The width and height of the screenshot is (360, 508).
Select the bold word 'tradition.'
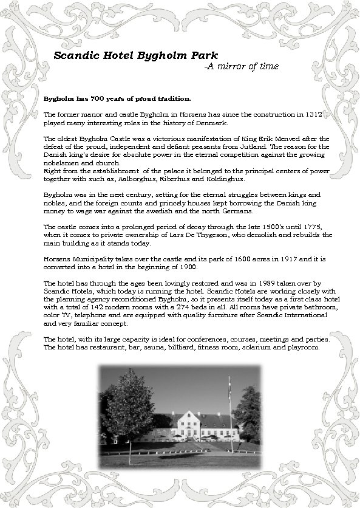click(x=171, y=98)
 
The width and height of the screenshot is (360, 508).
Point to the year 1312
click(x=322, y=114)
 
